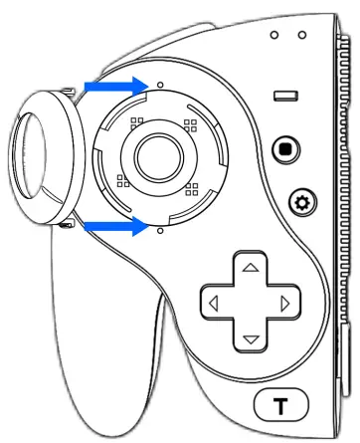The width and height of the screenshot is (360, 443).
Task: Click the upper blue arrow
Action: tap(110, 88)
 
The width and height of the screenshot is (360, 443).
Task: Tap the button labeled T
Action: tap(281, 406)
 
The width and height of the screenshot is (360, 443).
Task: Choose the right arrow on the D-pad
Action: tap(285, 303)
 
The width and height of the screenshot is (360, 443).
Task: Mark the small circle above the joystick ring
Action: tap(160, 87)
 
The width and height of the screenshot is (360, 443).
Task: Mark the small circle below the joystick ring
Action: tap(160, 229)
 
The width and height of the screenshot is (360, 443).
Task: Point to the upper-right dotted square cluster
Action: tap(188, 126)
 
